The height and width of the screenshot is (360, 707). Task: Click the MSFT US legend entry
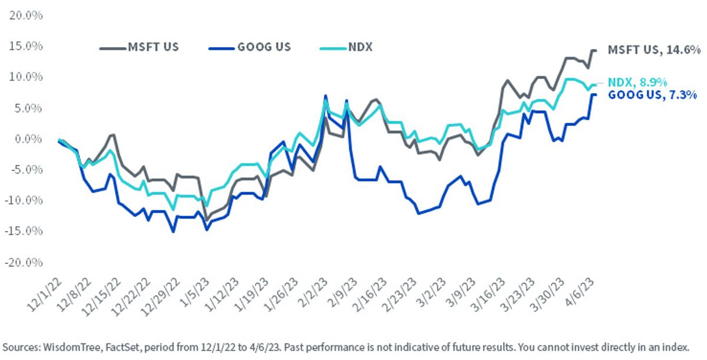click(x=139, y=47)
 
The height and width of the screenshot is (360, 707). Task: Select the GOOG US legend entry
click(x=250, y=47)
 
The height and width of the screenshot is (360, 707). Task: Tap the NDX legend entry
click(x=346, y=47)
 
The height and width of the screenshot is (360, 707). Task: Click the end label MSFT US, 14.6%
click(x=654, y=50)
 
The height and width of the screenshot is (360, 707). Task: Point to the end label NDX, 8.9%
click(x=637, y=82)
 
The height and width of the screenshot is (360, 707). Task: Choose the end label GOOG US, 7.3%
click(x=652, y=95)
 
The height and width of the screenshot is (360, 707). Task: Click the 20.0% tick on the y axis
click(x=26, y=15)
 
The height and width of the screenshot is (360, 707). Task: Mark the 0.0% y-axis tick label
click(x=28, y=139)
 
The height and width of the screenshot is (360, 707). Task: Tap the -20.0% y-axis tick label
click(x=24, y=262)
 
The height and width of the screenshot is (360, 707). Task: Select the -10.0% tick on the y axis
click(x=24, y=200)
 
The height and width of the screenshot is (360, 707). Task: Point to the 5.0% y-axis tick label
click(x=28, y=108)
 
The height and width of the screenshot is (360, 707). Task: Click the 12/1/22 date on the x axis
click(x=45, y=295)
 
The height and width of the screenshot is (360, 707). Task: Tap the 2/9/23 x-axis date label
click(x=342, y=292)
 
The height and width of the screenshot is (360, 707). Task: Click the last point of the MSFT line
click(x=595, y=51)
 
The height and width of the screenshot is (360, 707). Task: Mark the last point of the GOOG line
click(x=595, y=95)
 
